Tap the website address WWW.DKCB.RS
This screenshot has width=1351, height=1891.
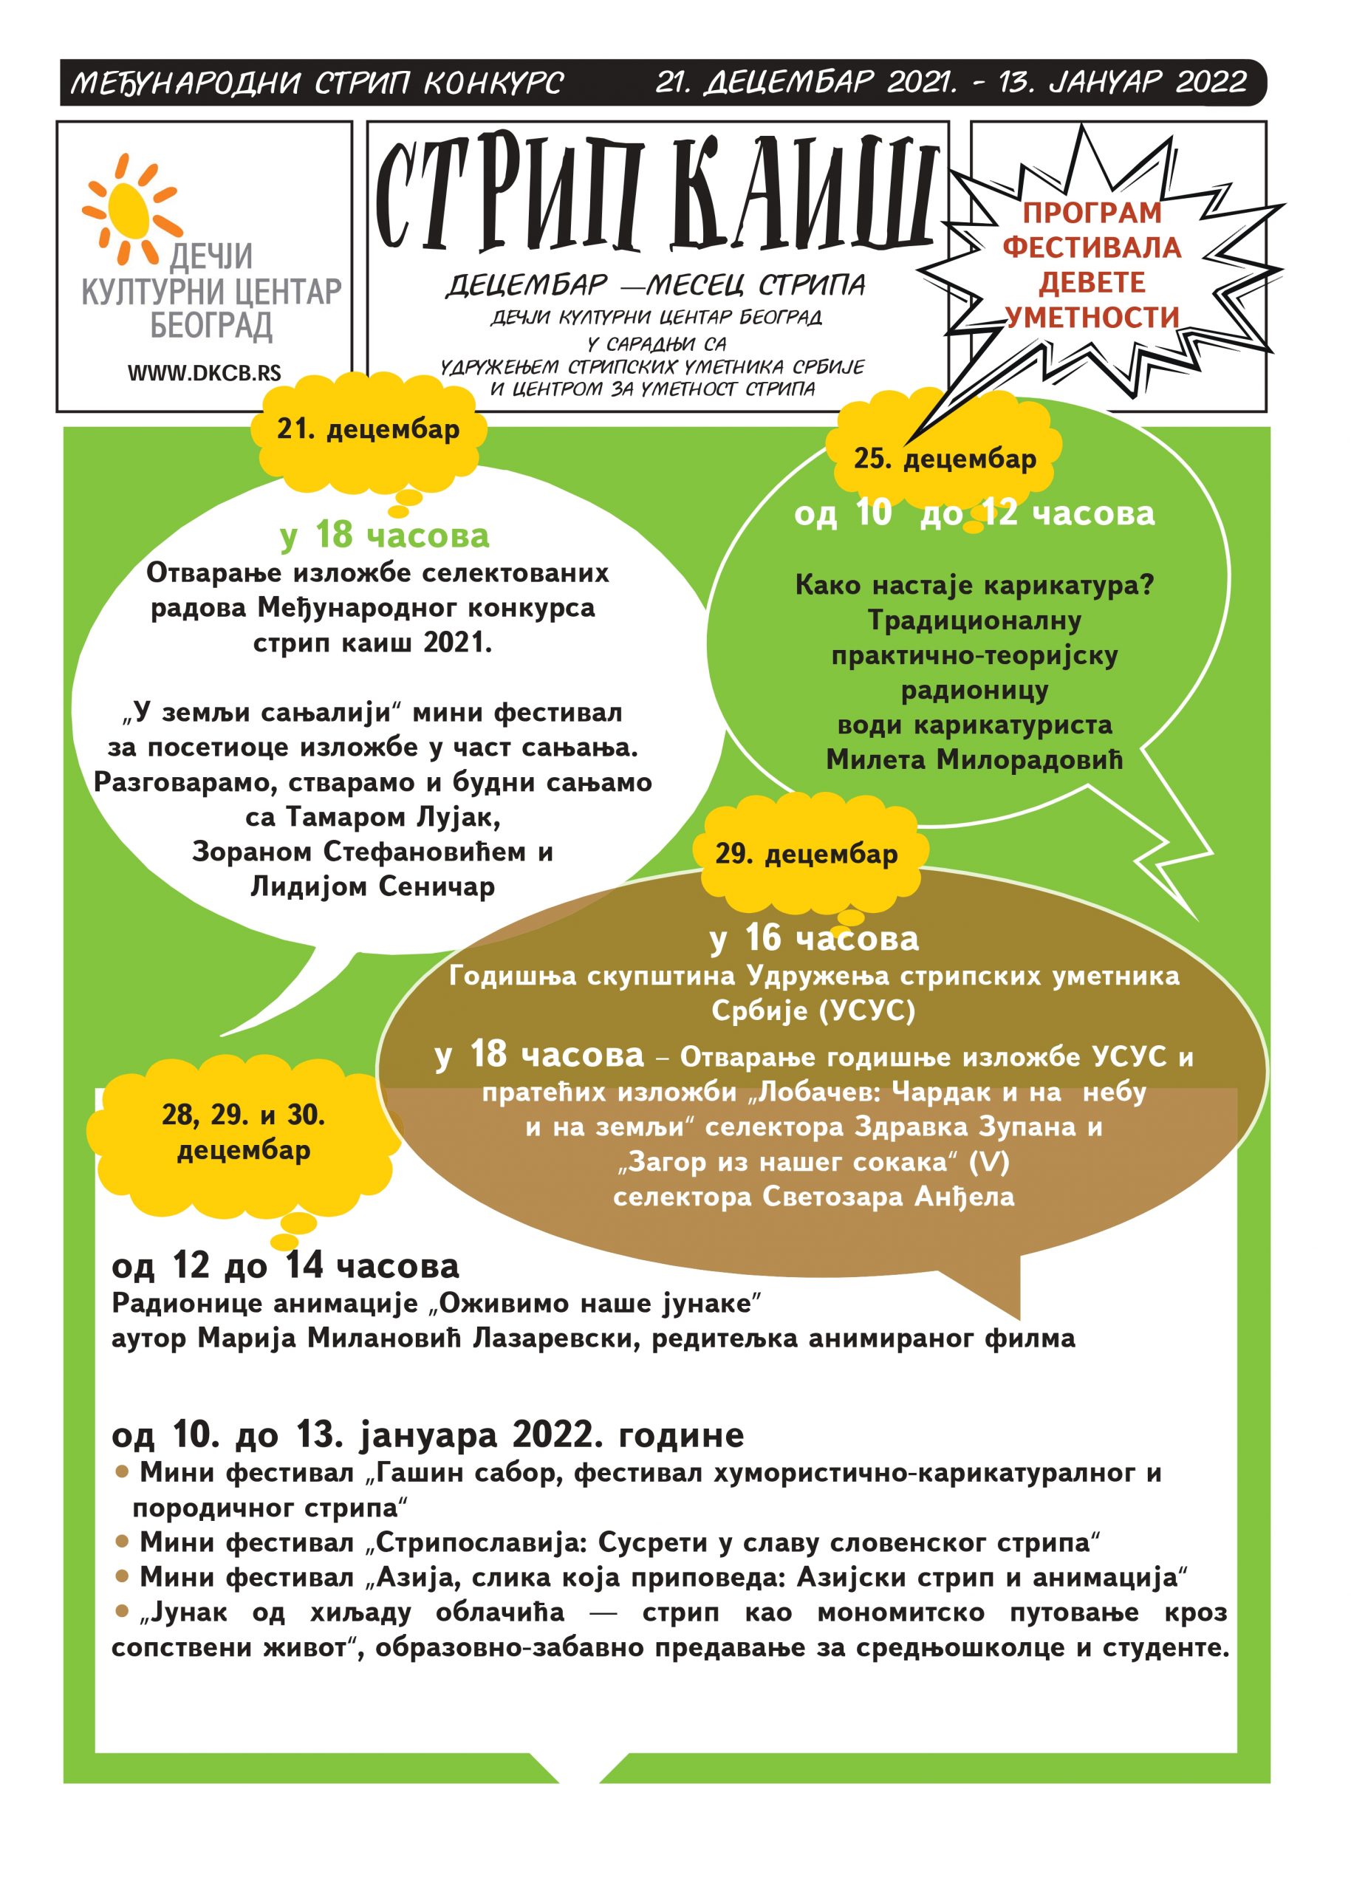(x=204, y=374)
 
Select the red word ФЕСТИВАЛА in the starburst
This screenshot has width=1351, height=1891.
(x=1092, y=248)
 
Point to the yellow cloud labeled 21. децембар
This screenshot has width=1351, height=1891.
(x=368, y=430)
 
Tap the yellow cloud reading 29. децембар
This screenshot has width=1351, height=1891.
(x=806, y=855)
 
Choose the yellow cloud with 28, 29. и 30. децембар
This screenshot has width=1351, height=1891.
(x=243, y=1133)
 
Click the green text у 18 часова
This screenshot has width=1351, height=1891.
(x=385, y=536)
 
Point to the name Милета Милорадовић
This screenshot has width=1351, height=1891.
(x=974, y=759)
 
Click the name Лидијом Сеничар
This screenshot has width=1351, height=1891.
(x=373, y=887)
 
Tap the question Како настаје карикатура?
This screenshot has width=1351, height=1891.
(x=974, y=586)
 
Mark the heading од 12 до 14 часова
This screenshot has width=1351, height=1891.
(x=284, y=1266)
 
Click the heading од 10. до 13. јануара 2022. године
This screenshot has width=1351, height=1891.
(x=428, y=1435)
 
